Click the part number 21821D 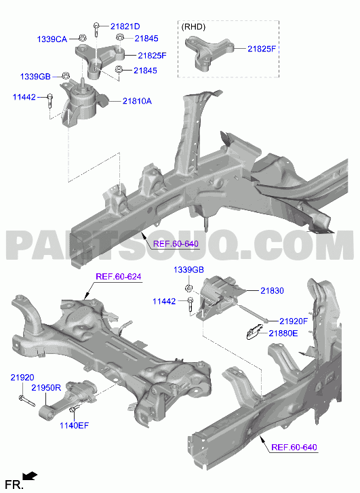click(x=125, y=26)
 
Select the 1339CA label click(x=52, y=39)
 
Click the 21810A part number click(x=137, y=101)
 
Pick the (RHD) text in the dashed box click(x=193, y=27)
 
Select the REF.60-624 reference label click(x=119, y=277)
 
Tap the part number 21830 click(x=272, y=290)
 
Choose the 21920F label click(x=294, y=321)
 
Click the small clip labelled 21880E click(x=254, y=332)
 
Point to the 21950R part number click(x=46, y=388)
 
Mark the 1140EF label click(x=74, y=425)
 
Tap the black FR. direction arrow click(x=30, y=475)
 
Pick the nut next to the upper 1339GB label click(x=65, y=76)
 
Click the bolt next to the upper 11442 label click(x=49, y=100)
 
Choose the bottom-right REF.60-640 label click(x=294, y=447)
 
